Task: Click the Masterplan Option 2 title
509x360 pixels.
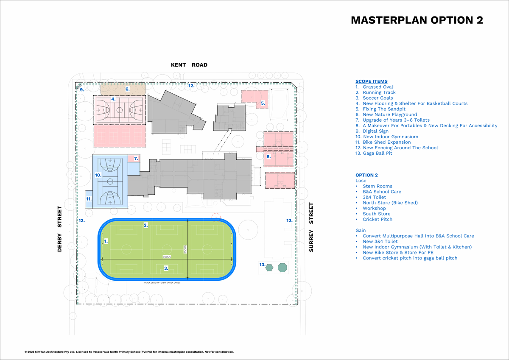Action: [417, 20]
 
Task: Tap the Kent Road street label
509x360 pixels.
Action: [189, 65]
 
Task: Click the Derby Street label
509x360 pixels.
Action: [59, 229]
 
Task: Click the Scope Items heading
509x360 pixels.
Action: [371, 81]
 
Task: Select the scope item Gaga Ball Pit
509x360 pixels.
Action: [377, 153]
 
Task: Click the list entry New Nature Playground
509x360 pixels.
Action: [389, 114]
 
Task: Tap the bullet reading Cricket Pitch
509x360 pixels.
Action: [378, 219]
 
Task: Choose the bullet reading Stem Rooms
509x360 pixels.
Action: [377, 186]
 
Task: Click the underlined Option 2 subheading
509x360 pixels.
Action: [366, 175]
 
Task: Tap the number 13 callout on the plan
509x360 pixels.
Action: [262, 265]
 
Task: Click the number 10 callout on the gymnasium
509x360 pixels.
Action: [98, 175]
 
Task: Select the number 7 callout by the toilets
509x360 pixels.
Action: [136, 159]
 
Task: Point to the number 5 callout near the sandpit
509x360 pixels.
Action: [263, 103]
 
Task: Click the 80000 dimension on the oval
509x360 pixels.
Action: [167, 257]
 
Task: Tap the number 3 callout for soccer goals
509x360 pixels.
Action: [166, 268]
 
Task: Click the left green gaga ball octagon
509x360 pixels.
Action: [269, 268]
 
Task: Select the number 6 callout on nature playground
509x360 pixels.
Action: [127, 89]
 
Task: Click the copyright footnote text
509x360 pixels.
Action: [129, 352]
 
